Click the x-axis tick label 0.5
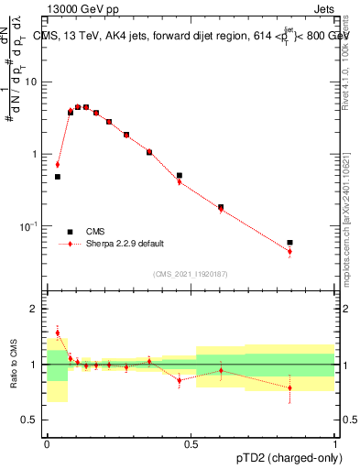(191, 442)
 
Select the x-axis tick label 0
(47, 442)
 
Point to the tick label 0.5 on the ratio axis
(32, 420)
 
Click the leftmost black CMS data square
(58, 177)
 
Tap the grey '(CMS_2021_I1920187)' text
(190, 273)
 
